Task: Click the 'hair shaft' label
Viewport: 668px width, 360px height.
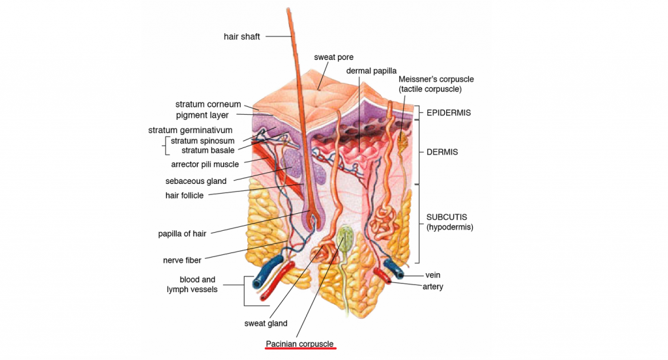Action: point(241,37)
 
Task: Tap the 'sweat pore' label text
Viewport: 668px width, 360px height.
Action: point(333,57)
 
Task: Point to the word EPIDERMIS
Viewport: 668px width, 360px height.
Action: point(448,113)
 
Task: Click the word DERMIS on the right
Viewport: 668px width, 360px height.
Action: point(442,152)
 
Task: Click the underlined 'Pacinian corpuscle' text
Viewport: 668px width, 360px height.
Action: point(300,344)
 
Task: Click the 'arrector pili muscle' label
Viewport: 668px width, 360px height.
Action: point(205,164)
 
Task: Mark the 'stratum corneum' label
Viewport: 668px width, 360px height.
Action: point(208,104)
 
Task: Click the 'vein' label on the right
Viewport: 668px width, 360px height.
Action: point(433,275)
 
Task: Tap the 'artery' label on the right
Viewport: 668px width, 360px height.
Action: point(434,286)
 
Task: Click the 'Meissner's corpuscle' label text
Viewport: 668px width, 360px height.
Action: point(436,79)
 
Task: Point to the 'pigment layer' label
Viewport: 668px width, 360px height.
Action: point(202,115)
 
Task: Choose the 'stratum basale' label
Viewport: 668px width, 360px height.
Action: point(207,150)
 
